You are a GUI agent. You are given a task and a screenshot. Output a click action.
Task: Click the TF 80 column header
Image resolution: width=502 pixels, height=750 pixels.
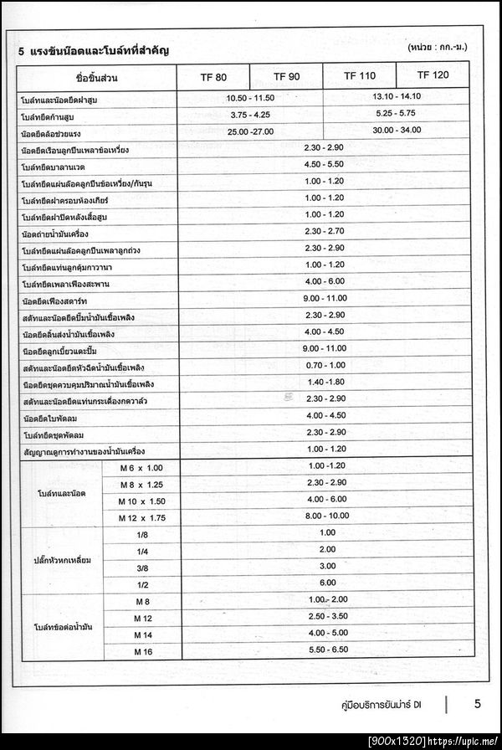click(213, 77)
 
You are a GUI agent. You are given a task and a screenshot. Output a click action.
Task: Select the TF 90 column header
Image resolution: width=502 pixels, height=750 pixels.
click(286, 77)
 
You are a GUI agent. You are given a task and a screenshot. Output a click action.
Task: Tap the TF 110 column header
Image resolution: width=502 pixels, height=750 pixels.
click(360, 76)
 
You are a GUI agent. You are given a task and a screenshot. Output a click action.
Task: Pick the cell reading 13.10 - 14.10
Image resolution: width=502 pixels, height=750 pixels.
click(397, 96)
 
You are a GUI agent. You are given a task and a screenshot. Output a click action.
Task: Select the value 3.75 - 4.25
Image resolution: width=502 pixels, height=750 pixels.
click(250, 115)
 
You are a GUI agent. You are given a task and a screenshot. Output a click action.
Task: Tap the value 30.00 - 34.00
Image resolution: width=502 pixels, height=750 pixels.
click(397, 130)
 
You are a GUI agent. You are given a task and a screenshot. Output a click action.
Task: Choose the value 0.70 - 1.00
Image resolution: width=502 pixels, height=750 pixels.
click(325, 366)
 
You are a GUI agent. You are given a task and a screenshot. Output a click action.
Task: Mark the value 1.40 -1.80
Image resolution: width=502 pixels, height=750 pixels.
click(325, 383)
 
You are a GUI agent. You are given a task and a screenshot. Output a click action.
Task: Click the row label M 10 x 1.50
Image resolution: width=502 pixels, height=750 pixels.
click(140, 501)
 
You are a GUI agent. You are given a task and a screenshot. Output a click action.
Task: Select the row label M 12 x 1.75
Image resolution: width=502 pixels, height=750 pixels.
click(140, 518)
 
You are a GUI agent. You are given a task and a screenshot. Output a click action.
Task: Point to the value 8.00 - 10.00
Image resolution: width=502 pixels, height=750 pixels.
click(326, 516)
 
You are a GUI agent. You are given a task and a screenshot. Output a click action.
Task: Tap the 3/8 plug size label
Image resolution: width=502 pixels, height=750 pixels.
click(142, 568)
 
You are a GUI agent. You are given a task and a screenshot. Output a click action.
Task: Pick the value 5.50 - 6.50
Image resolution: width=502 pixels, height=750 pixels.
click(327, 650)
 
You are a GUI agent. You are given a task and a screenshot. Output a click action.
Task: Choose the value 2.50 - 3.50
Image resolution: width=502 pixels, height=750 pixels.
click(327, 616)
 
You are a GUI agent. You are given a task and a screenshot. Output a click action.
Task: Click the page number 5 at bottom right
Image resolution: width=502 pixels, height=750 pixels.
click(477, 704)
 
